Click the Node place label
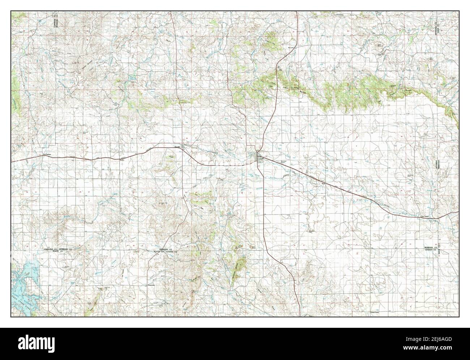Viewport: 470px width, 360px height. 324,183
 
